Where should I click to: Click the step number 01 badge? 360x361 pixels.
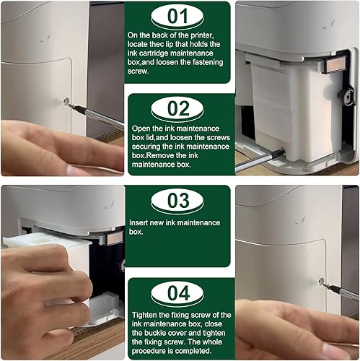pyautogui.click(x=177, y=17)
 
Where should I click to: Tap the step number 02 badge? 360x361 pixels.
pyautogui.click(x=177, y=109)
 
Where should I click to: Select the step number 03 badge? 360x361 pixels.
pyautogui.click(x=177, y=201)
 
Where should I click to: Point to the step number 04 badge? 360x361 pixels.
pyautogui.click(x=177, y=293)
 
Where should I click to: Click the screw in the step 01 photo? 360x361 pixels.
pyautogui.click(x=66, y=102)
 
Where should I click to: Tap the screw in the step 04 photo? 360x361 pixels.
pyautogui.click(x=321, y=282)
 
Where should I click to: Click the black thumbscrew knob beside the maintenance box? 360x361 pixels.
pyautogui.click(x=346, y=97)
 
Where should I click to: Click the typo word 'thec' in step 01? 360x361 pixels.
pyautogui.click(x=157, y=44)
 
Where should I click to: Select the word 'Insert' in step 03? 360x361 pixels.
pyautogui.click(x=139, y=222)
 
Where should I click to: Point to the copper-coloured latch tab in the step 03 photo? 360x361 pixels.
pyautogui.click(x=115, y=238)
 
